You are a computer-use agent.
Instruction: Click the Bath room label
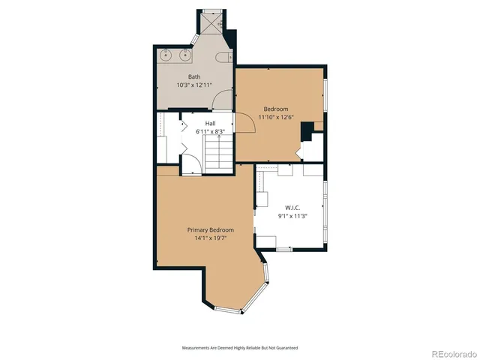194,76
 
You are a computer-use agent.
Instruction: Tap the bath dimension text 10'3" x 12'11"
194,84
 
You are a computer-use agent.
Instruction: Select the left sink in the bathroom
166,55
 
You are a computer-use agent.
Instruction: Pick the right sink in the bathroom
184,55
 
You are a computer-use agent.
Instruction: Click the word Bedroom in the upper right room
275,109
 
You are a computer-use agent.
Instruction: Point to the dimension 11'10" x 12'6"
275,117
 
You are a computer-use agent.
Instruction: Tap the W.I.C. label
292,208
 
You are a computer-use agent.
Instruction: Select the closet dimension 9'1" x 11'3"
292,216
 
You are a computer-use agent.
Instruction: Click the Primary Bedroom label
210,229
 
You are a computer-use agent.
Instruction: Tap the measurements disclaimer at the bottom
239,348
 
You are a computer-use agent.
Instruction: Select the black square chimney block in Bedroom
307,132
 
